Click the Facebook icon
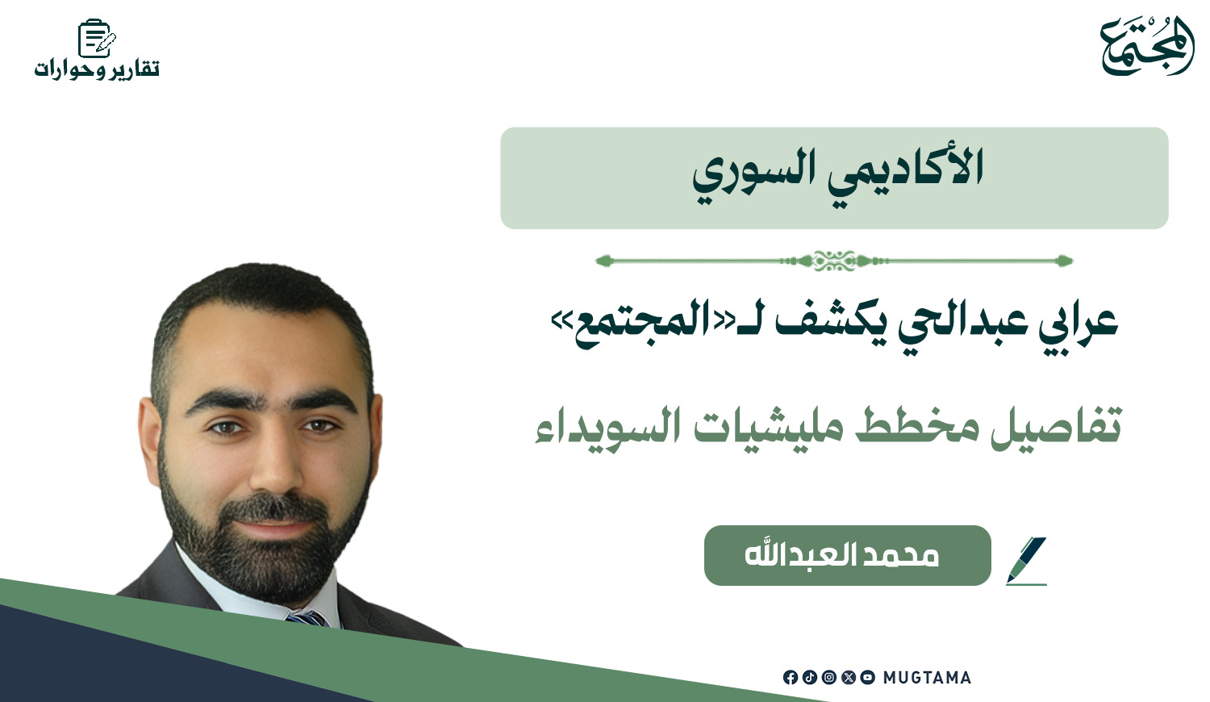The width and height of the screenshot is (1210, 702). [791, 677]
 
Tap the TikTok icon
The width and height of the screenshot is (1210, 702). [810, 677]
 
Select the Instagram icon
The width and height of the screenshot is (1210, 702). [829, 677]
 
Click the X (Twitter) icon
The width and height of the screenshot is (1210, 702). [849, 677]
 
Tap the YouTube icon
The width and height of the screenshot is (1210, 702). [867, 677]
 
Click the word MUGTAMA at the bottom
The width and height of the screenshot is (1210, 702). [927, 678]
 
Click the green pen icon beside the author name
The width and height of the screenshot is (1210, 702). [1026, 561]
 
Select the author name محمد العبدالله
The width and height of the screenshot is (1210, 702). [842, 555]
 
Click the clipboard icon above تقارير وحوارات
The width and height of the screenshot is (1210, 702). [97, 38]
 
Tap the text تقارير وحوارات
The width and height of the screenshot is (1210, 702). [97, 69]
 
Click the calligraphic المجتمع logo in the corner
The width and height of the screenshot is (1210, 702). [1147, 47]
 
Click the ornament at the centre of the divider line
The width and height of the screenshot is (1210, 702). [834, 261]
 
